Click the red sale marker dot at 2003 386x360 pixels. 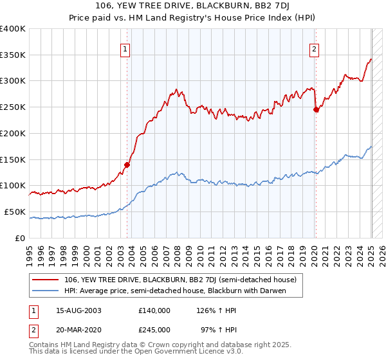tap(127, 165)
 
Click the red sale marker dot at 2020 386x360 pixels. tap(316, 109)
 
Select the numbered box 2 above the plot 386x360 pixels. tap(315, 48)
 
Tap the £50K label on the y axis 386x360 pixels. tap(15, 212)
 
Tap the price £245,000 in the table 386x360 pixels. tap(154, 329)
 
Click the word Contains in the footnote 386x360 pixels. tap(44, 346)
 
